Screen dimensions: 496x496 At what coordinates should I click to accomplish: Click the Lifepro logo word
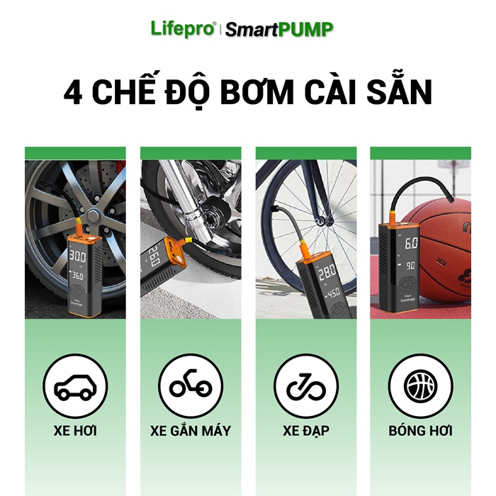[x=183, y=29]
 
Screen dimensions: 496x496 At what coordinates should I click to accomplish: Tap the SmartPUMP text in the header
[x=279, y=30]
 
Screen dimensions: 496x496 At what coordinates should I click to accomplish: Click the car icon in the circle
[x=75, y=387]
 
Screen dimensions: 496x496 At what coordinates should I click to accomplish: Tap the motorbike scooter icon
[x=191, y=383]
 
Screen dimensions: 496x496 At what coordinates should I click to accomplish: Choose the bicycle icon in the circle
[x=306, y=387]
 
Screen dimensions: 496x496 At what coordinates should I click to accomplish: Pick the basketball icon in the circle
[x=421, y=386]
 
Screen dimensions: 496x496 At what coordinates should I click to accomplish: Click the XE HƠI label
[x=75, y=431]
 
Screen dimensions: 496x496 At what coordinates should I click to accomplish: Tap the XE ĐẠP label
[x=306, y=432]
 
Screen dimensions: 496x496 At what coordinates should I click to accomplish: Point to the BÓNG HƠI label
[x=421, y=431]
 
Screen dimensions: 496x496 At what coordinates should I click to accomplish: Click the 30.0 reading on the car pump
[x=77, y=257]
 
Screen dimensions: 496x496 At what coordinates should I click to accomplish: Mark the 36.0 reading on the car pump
[x=77, y=276]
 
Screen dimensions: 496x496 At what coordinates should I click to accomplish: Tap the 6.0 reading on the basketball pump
[x=412, y=244]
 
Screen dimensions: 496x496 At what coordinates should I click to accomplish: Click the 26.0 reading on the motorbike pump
[x=154, y=257]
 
